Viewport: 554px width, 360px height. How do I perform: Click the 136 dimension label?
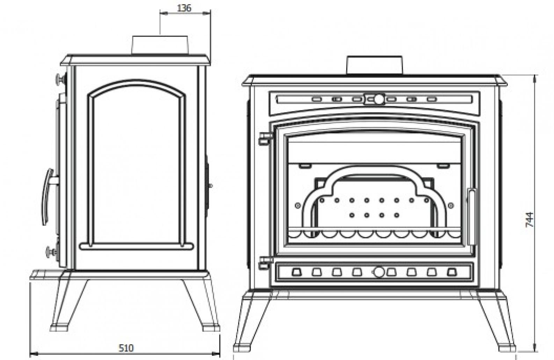pyautogui.click(x=184, y=8)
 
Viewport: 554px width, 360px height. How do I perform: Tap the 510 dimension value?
pyautogui.click(x=126, y=348)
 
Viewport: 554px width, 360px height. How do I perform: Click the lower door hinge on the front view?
pyautogui.click(x=265, y=262)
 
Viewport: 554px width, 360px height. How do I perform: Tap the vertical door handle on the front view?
pyautogui.click(x=472, y=217)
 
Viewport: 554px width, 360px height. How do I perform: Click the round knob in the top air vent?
pyautogui.click(x=379, y=99)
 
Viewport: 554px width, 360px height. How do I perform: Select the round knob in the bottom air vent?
pyautogui.click(x=379, y=272)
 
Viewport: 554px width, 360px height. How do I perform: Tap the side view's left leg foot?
pyautogui.click(x=60, y=328)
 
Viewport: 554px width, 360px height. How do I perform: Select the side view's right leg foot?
pyautogui.click(x=211, y=327)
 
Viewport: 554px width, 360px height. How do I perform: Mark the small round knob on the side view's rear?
pyautogui.click(x=210, y=186)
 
